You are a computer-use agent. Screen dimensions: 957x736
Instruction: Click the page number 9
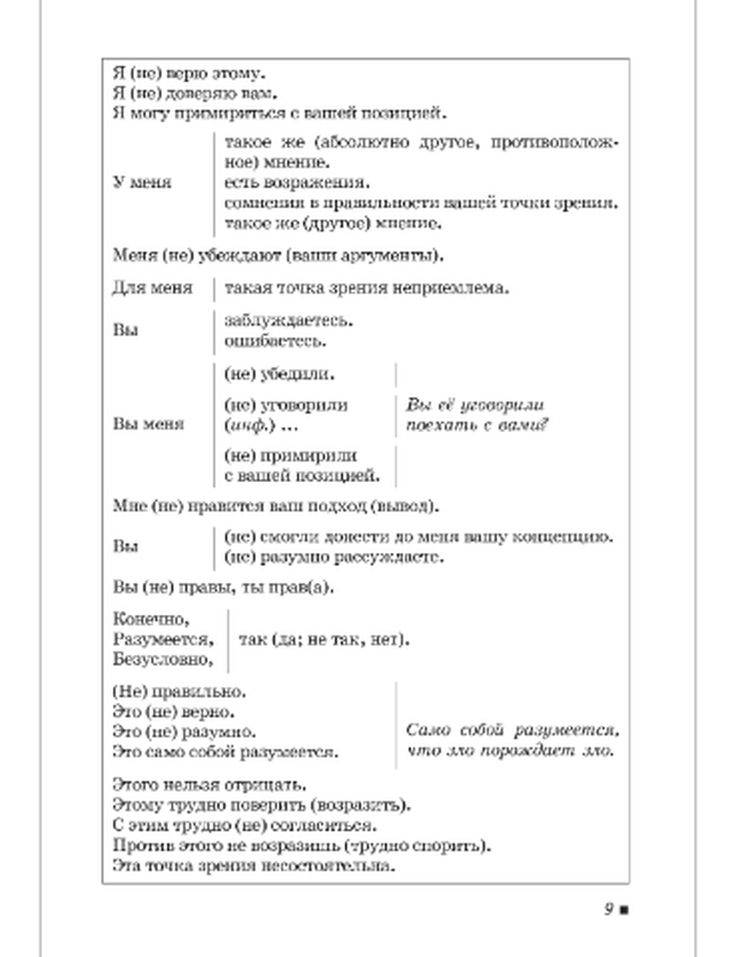609,908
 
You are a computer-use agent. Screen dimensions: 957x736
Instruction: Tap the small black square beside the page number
624,910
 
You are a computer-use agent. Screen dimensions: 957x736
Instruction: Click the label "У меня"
142,182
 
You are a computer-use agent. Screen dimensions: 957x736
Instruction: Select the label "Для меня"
152,288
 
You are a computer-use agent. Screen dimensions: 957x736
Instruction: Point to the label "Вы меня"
148,424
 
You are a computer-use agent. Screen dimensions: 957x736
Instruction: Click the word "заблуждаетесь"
289,321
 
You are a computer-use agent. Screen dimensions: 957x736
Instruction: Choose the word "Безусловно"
163,660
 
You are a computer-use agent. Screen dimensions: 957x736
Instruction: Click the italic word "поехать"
437,425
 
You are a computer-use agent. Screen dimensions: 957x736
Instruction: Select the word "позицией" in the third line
408,114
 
